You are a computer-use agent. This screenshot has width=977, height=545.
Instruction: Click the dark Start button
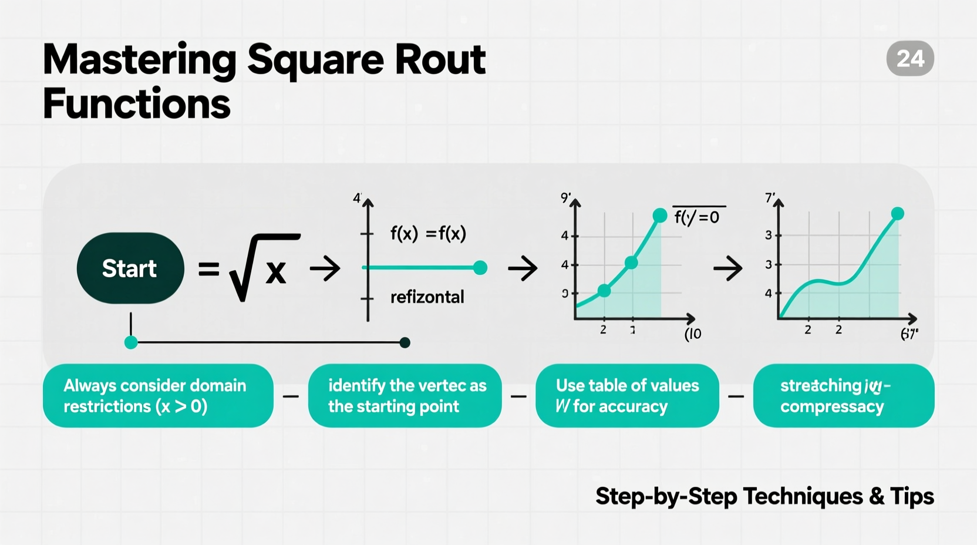point(130,268)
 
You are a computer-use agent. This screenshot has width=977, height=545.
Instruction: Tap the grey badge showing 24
point(910,58)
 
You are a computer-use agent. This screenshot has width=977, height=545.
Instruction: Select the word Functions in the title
point(136,104)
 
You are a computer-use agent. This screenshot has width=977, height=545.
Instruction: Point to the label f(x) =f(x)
point(428,234)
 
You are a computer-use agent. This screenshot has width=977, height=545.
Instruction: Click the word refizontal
point(427,297)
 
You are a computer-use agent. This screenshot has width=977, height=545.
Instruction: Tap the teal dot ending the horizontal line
point(480,268)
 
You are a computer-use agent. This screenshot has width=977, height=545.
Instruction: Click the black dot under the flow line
point(405,342)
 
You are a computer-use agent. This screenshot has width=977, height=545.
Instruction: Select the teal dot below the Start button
point(131,342)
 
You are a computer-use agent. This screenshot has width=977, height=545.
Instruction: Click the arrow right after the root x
point(325,268)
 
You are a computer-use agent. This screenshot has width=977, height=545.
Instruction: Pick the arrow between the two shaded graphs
point(728,268)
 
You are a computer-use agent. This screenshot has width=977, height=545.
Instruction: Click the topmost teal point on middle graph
point(660,216)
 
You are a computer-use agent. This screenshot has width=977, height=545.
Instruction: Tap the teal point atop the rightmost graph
point(897,214)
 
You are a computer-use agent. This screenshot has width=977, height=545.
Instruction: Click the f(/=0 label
point(697,217)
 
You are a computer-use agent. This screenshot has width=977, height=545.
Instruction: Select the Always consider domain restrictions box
point(158,396)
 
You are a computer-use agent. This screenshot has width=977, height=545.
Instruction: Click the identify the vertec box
point(405,396)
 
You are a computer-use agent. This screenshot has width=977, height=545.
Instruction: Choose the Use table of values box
point(627,396)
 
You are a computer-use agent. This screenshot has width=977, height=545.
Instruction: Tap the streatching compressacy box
point(843,396)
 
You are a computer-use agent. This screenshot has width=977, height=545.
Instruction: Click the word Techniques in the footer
point(803,496)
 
